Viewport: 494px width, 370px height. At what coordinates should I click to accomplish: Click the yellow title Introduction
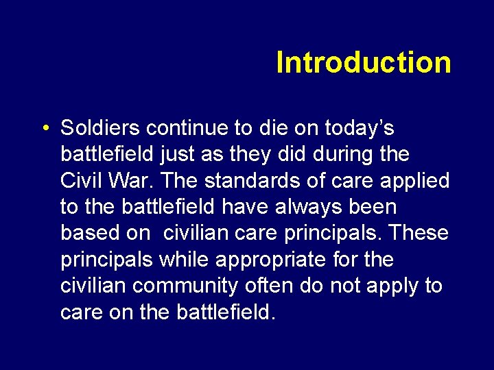point(364,62)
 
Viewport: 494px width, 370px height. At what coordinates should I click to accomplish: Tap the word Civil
point(81,181)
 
